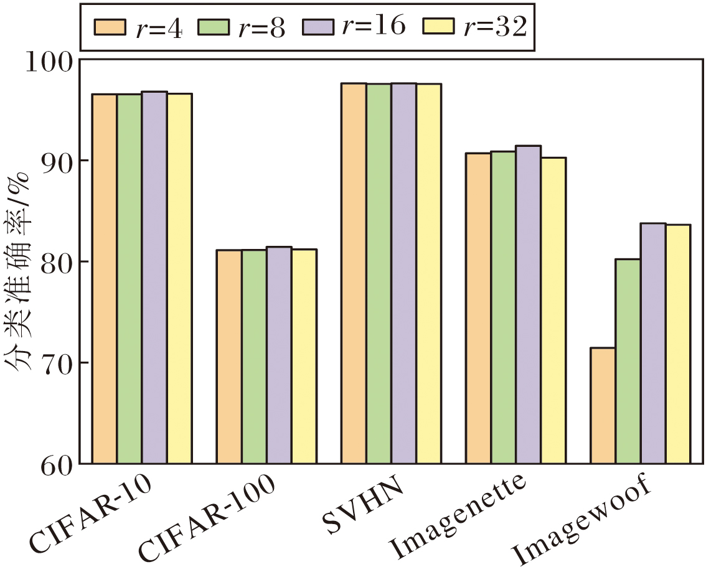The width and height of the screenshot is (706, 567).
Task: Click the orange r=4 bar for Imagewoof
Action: [x=603, y=406]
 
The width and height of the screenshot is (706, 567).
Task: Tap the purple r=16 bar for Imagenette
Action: [x=528, y=305]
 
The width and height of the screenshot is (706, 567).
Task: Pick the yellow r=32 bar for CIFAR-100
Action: [x=304, y=356]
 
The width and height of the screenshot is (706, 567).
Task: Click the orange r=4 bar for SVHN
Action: [x=354, y=274]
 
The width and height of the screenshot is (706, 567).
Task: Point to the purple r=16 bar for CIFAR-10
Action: [x=154, y=278]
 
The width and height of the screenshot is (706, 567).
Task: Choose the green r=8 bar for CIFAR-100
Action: [x=254, y=356]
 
